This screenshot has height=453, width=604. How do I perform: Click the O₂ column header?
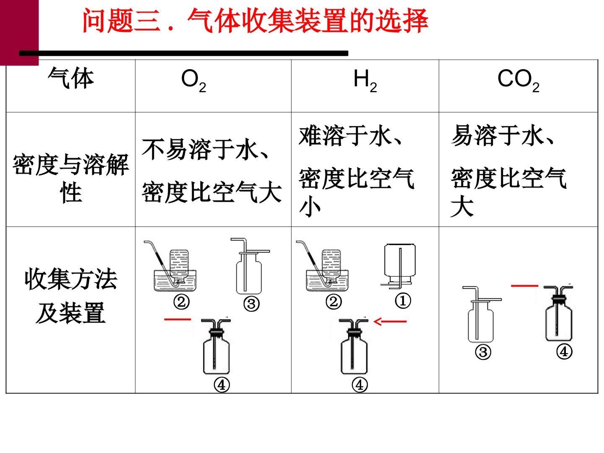coord(193,81)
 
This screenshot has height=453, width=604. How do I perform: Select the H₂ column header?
coord(365,81)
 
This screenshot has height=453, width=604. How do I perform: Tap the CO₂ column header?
coord(518,81)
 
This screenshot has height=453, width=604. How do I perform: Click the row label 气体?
coord(71,78)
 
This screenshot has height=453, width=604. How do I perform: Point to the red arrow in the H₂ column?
coord(390,321)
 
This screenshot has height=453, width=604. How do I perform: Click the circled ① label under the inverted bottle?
coord(403,301)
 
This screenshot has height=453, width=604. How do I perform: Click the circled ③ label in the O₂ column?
coord(251,304)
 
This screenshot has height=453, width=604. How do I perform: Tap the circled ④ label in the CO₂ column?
coord(564,352)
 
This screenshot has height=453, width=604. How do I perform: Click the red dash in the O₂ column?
coord(177,319)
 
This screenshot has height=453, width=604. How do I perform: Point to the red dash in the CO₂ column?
coord(524,286)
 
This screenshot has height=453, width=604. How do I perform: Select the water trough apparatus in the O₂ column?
coord(170,266)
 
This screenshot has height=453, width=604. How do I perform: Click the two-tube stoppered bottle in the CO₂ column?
coord(559,313)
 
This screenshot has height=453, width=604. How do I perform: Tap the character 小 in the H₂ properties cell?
coord(310,206)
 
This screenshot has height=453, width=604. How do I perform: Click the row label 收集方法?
coord(71,279)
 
